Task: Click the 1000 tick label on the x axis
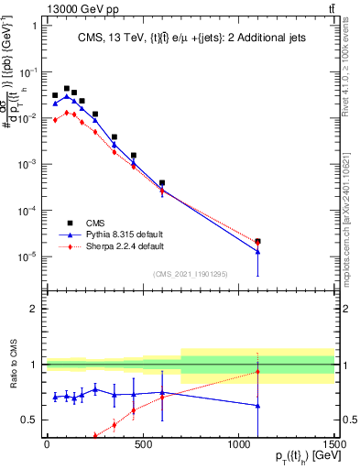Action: coord(238,446)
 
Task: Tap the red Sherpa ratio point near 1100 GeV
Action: coord(258,372)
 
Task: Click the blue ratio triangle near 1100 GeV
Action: coord(258,405)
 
